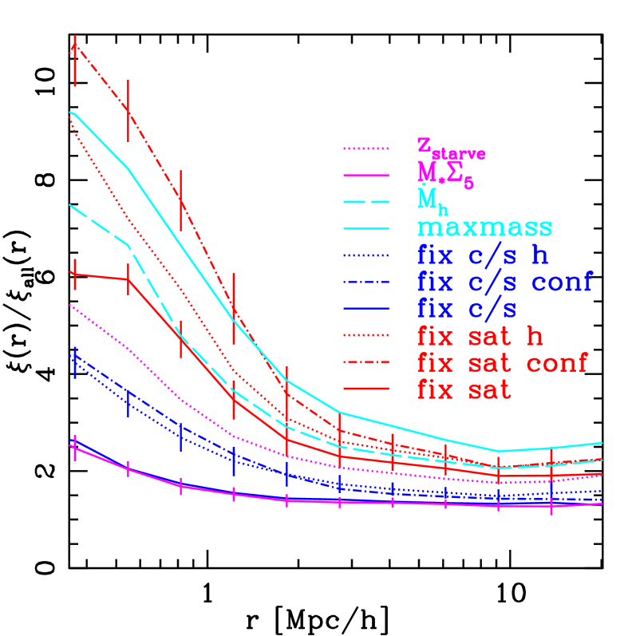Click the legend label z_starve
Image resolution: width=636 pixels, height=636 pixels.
[x=451, y=148]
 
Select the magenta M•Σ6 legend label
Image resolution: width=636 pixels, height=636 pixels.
[x=445, y=175]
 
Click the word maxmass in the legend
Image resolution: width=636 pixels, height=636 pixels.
[x=484, y=227]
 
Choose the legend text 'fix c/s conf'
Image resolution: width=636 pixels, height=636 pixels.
[x=504, y=282]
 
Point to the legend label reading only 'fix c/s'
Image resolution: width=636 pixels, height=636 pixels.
[x=466, y=309]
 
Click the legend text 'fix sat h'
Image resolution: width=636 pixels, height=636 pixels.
[x=480, y=336]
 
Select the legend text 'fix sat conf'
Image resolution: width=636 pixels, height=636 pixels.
[x=502, y=363]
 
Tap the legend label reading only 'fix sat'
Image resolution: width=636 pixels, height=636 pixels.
[x=464, y=390]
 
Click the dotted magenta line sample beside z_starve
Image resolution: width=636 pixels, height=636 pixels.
[x=365, y=148]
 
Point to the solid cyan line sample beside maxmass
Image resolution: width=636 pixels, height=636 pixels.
[x=365, y=227]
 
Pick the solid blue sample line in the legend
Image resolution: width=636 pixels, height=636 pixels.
[x=365, y=309]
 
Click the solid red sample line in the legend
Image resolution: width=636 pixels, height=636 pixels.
[x=365, y=389]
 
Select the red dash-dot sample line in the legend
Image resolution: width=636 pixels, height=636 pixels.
[x=365, y=362]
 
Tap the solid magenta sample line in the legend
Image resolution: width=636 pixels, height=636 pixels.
[x=365, y=174]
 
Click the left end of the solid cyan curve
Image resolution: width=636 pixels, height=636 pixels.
[x=71, y=113]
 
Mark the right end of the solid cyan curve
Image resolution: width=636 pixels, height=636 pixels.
[x=602, y=442]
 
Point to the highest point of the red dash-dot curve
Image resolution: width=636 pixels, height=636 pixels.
[x=74, y=46]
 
